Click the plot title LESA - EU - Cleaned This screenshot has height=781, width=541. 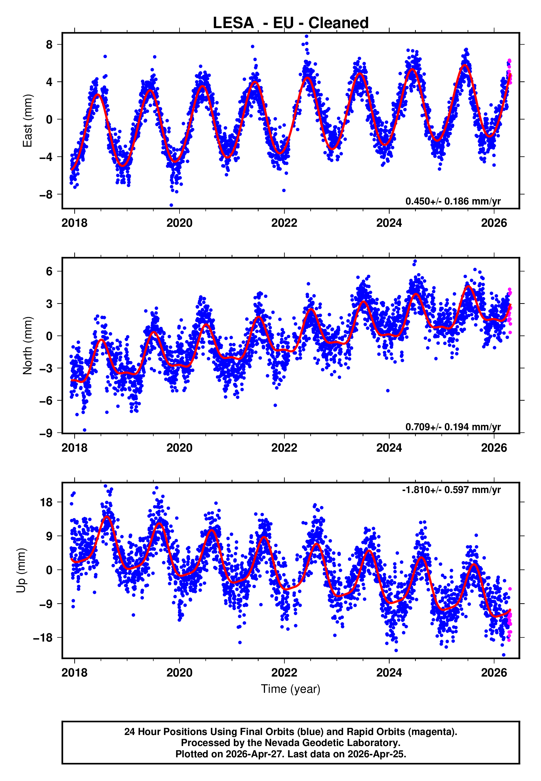[291, 23]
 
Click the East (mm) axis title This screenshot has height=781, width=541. [27, 121]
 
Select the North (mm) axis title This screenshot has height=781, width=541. [27, 346]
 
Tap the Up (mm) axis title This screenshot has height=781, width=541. [21, 570]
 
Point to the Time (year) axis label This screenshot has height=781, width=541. [291, 689]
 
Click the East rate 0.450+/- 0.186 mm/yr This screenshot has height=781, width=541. [453, 201]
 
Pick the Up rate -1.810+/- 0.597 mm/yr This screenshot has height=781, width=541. [451, 490]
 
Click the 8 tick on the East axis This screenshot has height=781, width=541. [49, 44]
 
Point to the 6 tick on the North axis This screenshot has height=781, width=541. [49, 271]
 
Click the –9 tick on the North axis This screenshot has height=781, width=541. [46, 433]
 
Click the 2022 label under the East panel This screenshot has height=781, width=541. [284, 223]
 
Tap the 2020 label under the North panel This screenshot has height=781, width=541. [179, 448]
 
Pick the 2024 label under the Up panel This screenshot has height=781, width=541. [389, 673]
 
